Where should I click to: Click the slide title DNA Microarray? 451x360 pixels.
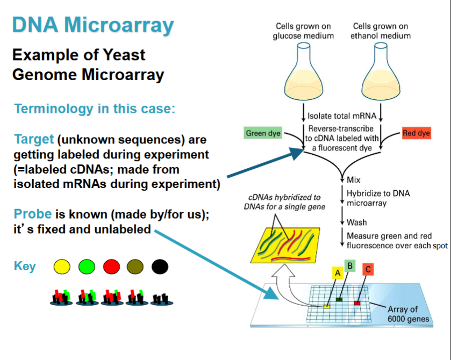pyautogui.click(x=93, y=25)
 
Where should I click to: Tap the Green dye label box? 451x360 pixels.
pyautogui.click(x=263, y=133)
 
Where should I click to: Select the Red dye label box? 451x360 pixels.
pyautogui.click(x=417, y=133)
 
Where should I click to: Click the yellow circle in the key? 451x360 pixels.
pyautogui.click(x=62, y=266)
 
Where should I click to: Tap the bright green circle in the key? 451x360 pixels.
pyautogui.click(x=87, y=266)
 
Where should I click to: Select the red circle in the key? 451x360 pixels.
pyautogui.click(x=111, y=266)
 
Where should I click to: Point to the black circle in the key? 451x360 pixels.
pyautogui.click(x=160, y=266)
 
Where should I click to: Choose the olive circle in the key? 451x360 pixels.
pyautogui.click(x=135, y=266)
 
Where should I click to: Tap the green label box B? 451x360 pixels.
pyautogui.click(x=349, y=265)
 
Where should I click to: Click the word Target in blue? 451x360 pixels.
pyautogui.click(x=34, y=140)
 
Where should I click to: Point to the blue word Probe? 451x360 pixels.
pyautogui.click(x=33, y=214)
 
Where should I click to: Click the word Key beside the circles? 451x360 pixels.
pyautogui.click(x=25, y=267)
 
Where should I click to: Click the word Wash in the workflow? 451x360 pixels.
pyautogui.click(x=357, y=222)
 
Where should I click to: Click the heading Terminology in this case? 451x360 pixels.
pyautogui.click(x=95, y=109)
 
